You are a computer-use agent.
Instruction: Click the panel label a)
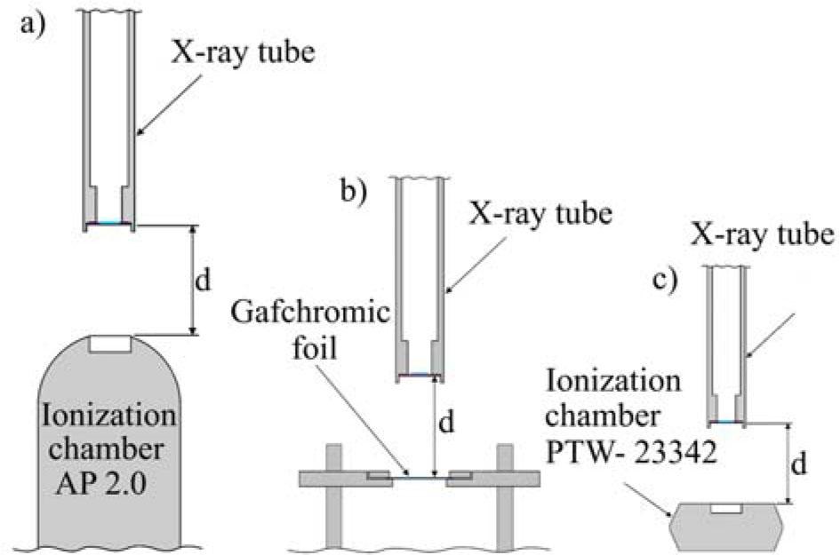33,24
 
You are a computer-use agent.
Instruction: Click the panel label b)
355,192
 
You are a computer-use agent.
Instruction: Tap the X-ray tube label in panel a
243,53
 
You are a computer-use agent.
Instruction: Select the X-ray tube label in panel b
540,213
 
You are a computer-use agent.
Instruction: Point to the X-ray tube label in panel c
762,234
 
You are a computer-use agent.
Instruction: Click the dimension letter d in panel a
203,280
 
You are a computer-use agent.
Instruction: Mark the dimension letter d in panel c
799,464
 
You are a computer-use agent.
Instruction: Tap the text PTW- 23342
631,452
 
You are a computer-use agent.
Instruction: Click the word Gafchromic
310,313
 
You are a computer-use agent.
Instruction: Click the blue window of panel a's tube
109,223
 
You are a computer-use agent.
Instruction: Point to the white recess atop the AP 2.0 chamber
110,344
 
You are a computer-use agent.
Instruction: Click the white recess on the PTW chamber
726,508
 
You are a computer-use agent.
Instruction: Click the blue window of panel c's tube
726,422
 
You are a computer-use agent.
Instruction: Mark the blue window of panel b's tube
420,375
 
